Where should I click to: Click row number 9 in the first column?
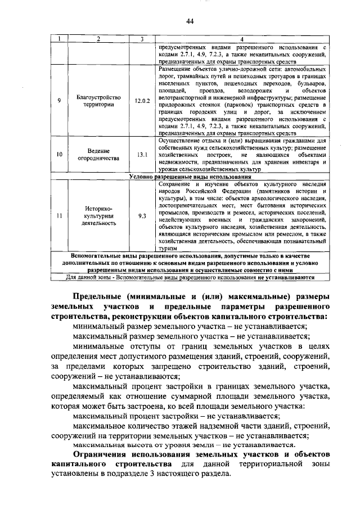[60, 101]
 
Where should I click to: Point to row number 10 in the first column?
[60, 155]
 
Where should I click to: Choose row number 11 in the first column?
[60, 215]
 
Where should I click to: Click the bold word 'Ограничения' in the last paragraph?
[104, 453]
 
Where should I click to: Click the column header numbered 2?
[98, 39]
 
